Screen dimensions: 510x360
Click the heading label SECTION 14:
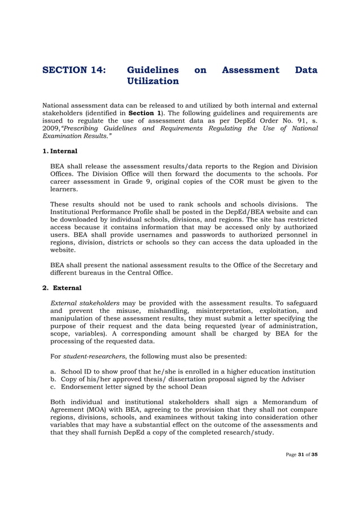pyautogui.click(x=73, y=71)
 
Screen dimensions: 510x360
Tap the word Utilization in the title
pyautogui.click(x=153, y=81)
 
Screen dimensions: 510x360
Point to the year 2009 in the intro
pyautogui.click(x=53, y=129)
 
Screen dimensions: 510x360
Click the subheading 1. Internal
pyautogui.click(x=60, y=151)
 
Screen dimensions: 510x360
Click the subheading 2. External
pyautogui.click(x=62, y=288)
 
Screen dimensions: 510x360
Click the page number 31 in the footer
pyautogui.click(x=302, y=455)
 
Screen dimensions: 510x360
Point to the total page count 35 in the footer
pyautogui.click(x=314, y=455)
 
